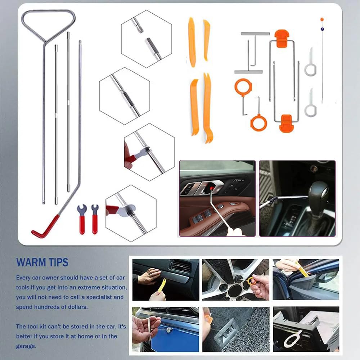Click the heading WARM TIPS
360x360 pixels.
(x=42, y=262)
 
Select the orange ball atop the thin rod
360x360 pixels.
(x=322, y=19)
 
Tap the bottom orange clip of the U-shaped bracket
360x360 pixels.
(x=287, y=123)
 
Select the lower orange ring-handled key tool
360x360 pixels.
(x=258, y=122)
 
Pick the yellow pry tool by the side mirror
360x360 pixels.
(x=302, y=269)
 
